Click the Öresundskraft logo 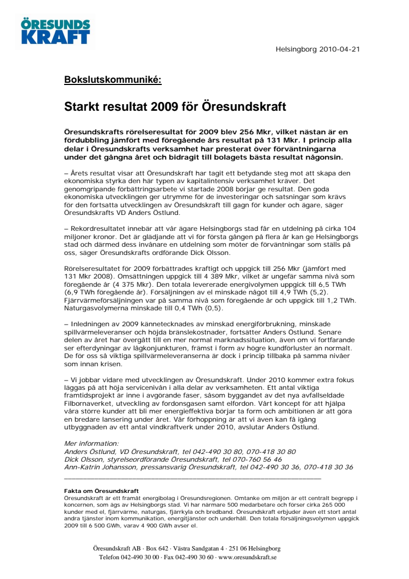(55, 31)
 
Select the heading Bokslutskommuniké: (112, 79)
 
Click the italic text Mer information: (92, 444)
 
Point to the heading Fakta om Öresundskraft (101, 491)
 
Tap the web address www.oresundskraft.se (247, 557)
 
